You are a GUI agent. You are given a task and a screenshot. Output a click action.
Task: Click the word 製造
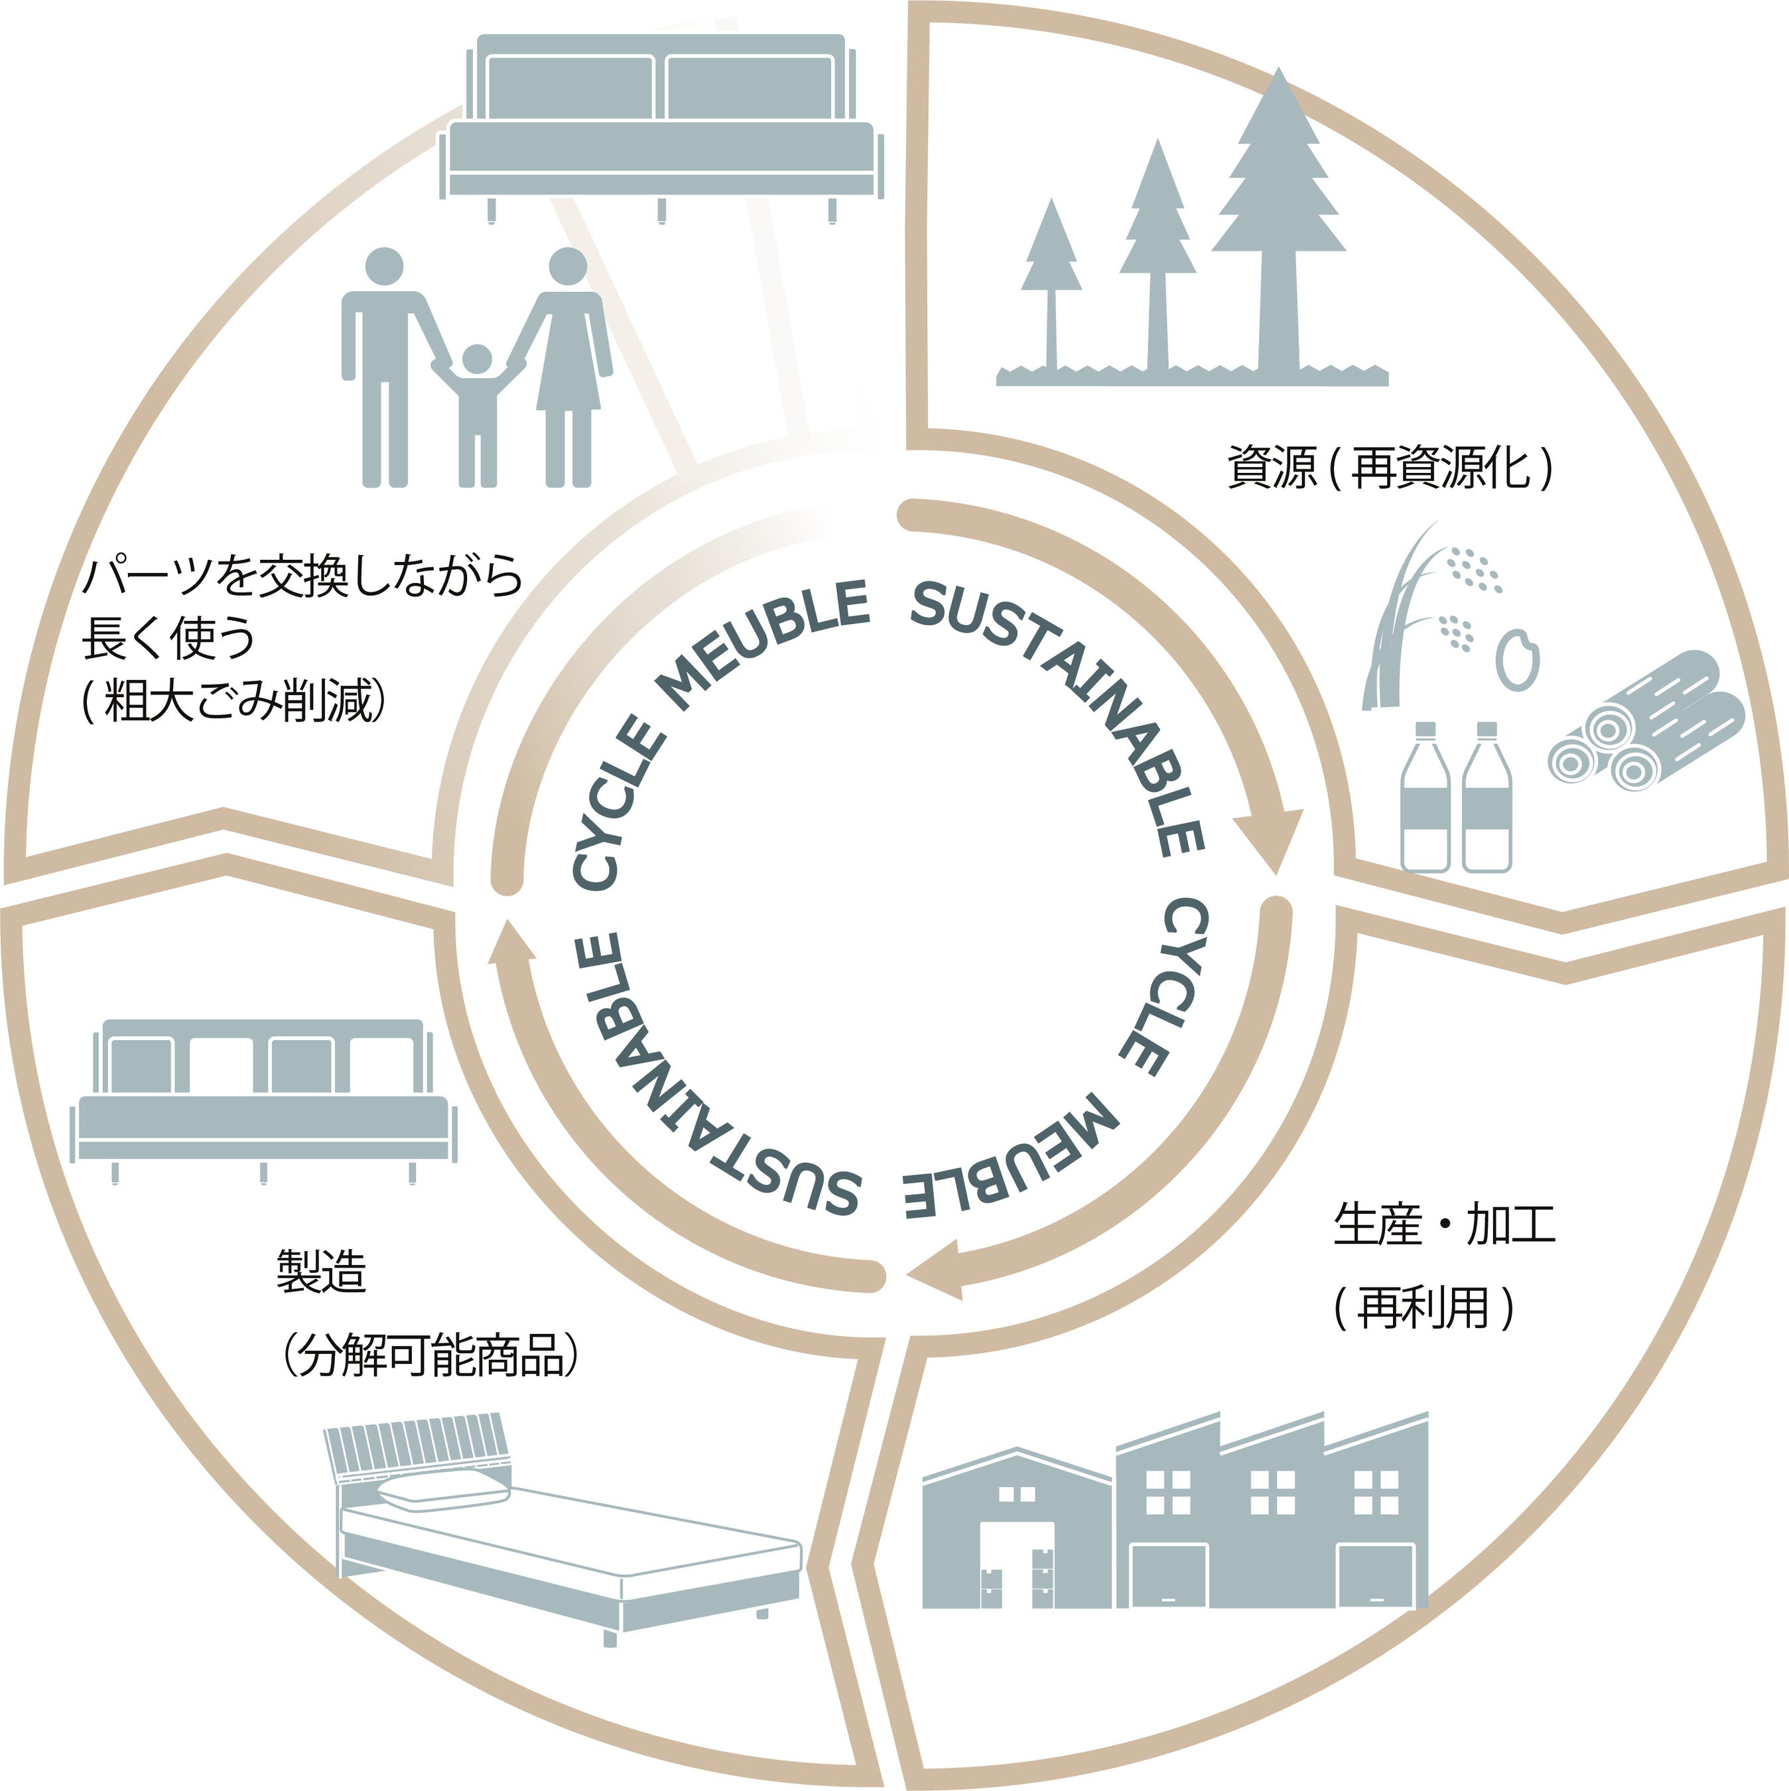[x=322, y=1271]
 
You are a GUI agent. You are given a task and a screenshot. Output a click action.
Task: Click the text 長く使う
[x=168, y=639]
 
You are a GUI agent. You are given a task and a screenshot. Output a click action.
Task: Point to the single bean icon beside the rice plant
[x=1518, y=660]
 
